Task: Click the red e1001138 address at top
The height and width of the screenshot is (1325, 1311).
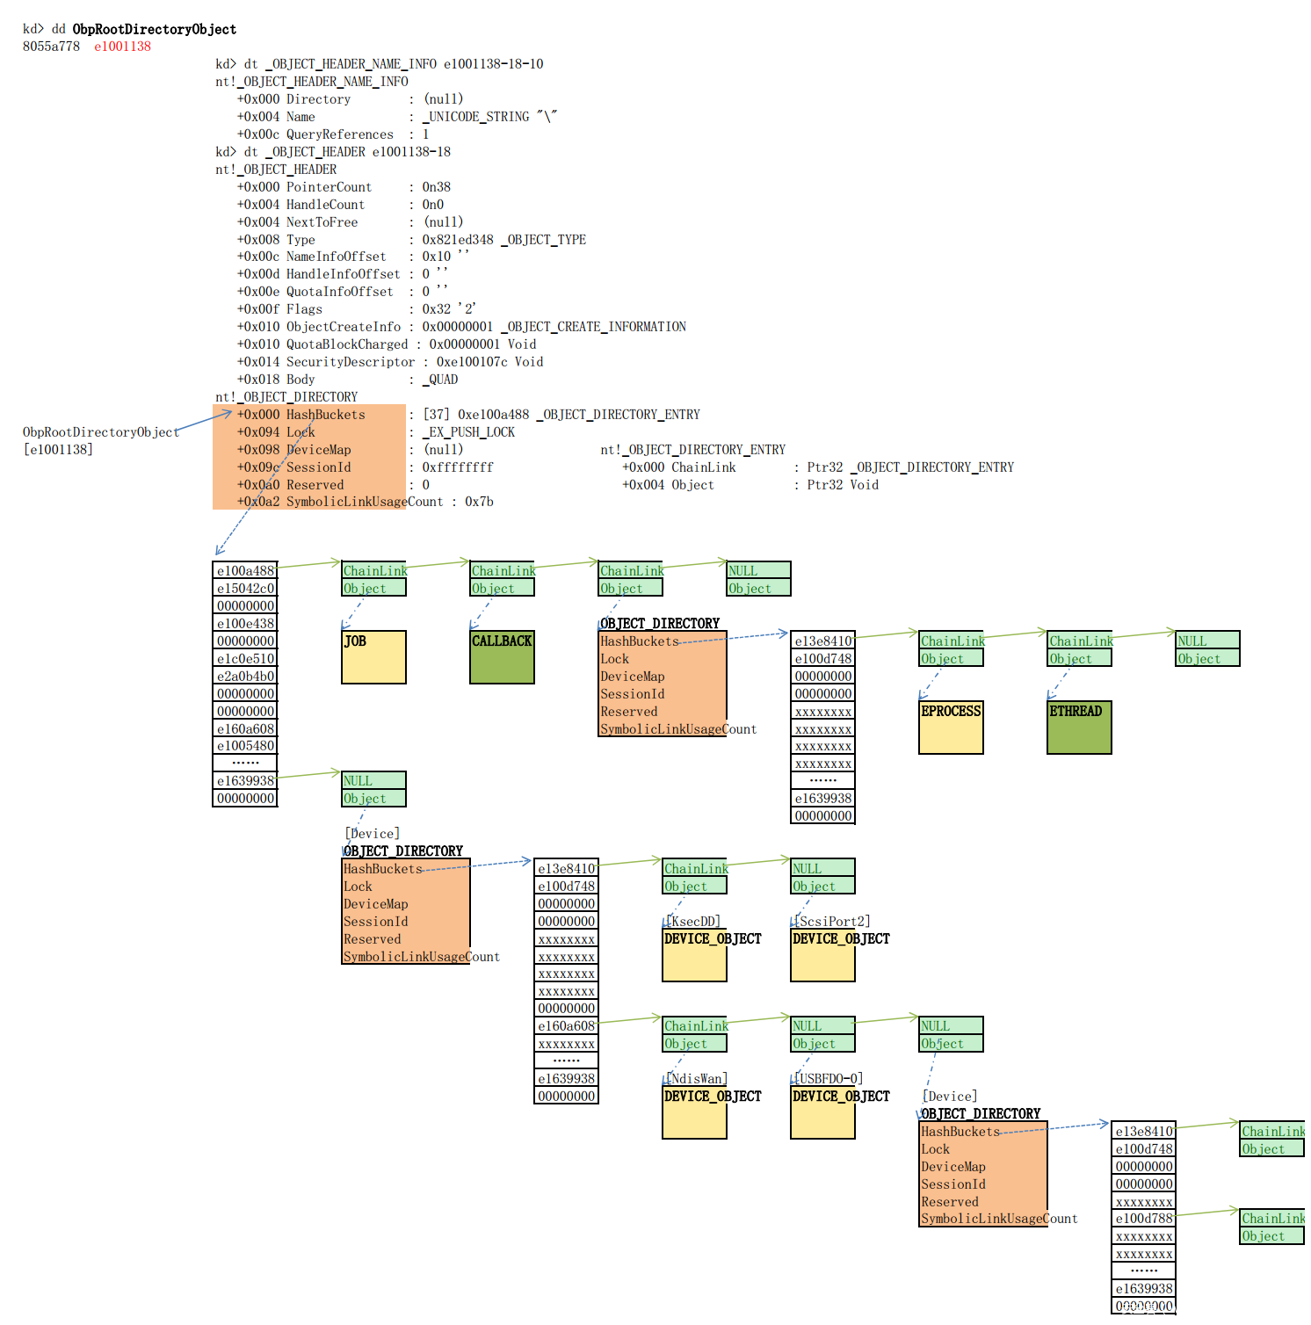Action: [122, 47]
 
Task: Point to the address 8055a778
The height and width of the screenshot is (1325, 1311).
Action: [51, 47]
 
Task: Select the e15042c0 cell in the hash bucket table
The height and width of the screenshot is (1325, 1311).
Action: [245, 589]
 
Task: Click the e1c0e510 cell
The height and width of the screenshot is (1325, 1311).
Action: [245, 659]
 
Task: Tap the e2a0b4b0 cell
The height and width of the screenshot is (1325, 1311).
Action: [245, 677]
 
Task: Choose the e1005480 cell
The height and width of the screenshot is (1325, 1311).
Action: [245, 746]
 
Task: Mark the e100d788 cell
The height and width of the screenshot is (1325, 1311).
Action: [1144, 1219]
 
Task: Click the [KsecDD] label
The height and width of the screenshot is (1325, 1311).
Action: [693, 921]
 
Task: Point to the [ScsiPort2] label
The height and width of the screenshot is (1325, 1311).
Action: [832, 921]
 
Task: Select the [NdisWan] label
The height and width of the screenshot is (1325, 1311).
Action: [697, 1078]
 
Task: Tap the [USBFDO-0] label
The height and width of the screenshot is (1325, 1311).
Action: [829, 1078]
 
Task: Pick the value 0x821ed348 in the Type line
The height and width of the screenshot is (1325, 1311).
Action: [458, 240]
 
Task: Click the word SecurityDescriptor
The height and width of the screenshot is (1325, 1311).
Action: [350, 362]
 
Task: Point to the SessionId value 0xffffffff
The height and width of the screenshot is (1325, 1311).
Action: [458, 467]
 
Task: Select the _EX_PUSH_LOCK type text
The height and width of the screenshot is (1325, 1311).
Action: [468, 432]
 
